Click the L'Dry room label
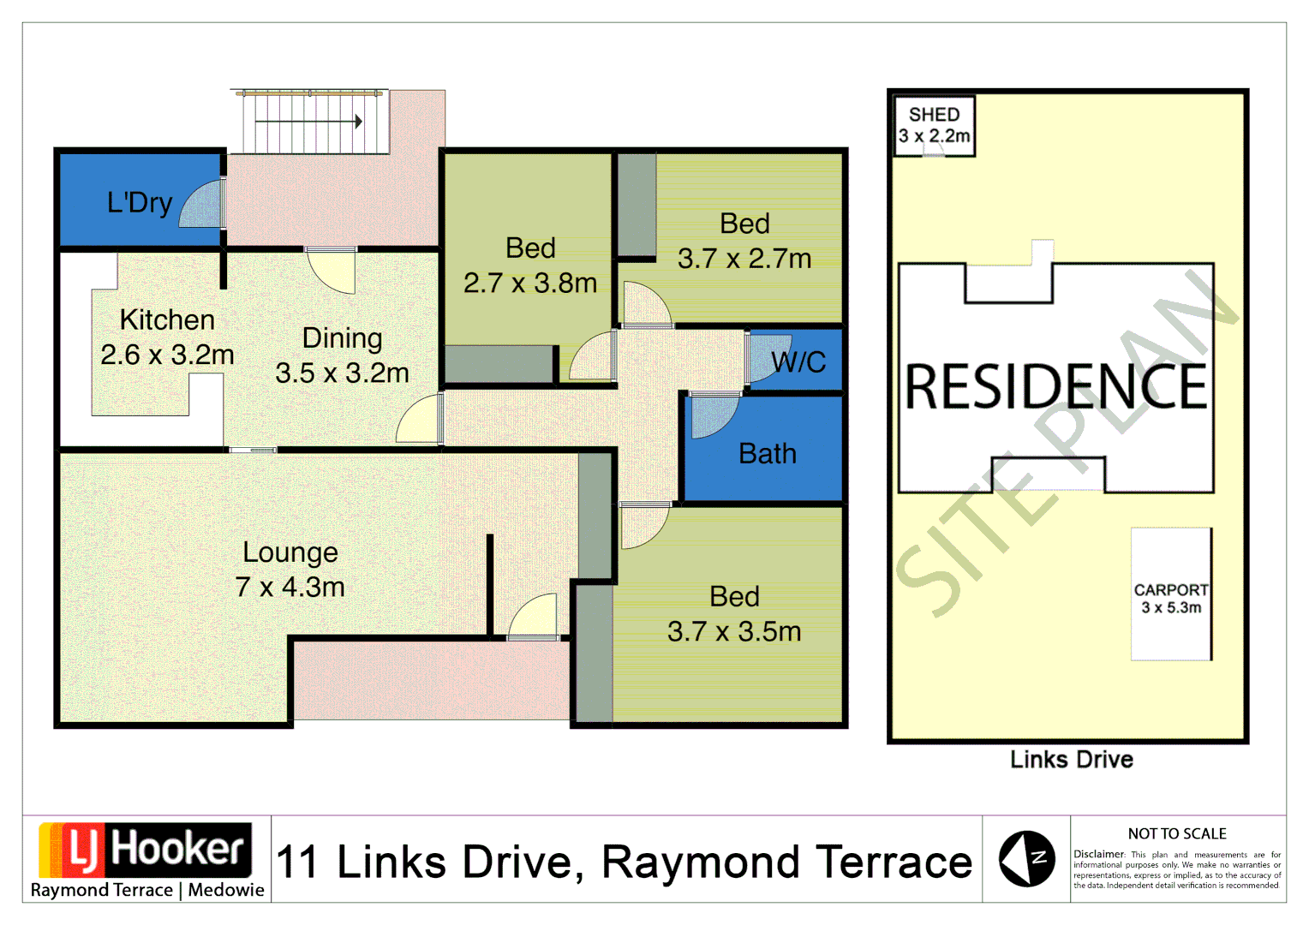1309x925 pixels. coord(140,203)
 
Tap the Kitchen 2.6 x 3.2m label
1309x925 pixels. coord(167,337)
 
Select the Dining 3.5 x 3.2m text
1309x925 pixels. coord(342,355)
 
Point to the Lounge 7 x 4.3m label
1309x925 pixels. coord(290,570)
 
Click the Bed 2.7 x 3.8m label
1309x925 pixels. coord(530,266)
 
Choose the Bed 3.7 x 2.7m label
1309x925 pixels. coord(744,241)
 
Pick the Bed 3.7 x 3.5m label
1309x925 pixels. coord(734,614)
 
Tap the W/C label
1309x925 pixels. coord(798,362)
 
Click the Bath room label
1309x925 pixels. coord(768,454)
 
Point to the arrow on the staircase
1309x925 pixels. coord(309,122)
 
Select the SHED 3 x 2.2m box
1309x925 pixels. coord(934,126)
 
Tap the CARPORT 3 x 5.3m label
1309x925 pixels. coord(1170,599)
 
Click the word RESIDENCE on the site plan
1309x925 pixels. coord(1055,387)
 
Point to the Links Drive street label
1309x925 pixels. coord(1072,760)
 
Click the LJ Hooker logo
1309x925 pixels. coord(146,850)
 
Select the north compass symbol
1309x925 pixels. coord(1026,859)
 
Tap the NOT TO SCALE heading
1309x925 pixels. coord(1177,834)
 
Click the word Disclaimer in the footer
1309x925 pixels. coord(1098,854)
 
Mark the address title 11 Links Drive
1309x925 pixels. coord(625,862)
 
